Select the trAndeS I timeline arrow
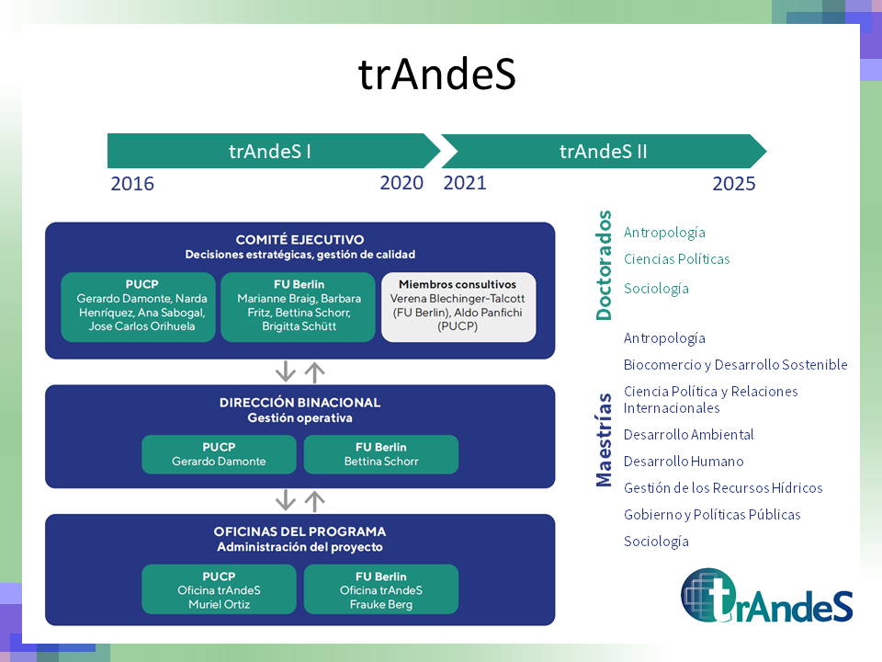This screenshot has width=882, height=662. (271, 151)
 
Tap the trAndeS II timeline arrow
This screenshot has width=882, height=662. (603, 151)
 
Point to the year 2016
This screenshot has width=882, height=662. (132, 184)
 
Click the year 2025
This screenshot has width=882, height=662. (733, 184)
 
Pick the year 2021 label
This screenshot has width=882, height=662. (465, 182)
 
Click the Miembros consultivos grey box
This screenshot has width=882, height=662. (458, 307)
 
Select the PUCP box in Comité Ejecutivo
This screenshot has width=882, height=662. (141, 307)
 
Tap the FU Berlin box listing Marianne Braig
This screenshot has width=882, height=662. (299, 307)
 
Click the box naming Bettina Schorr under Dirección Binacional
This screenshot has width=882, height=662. (380, 454)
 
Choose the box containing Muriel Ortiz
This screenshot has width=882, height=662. (219, 589)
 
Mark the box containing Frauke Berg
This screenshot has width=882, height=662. (380, 589)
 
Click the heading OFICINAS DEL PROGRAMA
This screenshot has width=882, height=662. (300, 531)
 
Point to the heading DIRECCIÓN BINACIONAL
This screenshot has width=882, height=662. (300, 403)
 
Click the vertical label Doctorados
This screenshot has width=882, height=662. (604, 266)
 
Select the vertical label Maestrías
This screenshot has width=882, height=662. (604, 439)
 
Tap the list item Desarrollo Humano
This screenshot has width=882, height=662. (684, 462)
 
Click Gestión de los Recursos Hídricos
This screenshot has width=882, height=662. (723, 488)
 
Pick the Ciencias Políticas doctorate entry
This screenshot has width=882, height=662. (676, 259)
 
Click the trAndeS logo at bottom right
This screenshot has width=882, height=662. (767, 595)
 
